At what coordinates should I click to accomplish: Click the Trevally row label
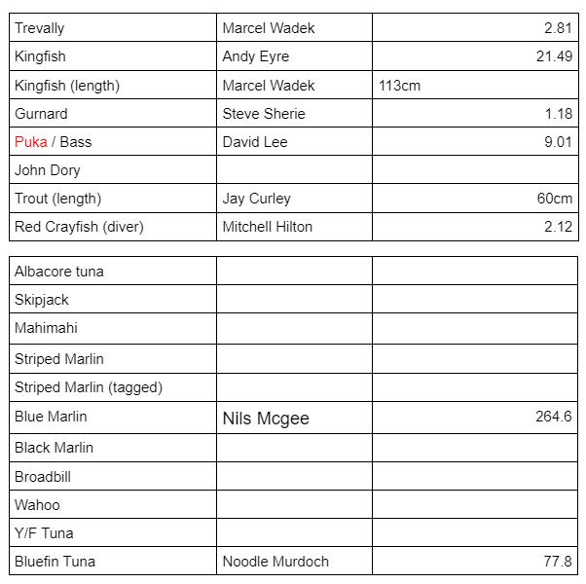39,28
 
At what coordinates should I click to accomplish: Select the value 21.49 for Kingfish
554,56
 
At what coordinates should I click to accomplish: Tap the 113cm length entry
399,86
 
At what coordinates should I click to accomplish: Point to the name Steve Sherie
263,114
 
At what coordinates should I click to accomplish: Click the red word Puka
30,142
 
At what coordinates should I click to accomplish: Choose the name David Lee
254,142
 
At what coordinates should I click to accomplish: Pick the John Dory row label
47,170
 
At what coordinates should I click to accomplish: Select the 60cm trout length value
555,199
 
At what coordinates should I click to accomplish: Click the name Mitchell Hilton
267,227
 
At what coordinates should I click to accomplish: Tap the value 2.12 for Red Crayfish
558,227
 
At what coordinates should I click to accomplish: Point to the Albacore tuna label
58,272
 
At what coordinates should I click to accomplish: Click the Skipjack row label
42,300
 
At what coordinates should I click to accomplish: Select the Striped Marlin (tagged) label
89,387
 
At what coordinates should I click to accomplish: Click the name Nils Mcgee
265,419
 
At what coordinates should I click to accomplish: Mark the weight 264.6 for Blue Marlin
553,417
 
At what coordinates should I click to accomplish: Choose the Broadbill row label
43,477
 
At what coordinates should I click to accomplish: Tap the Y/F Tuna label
44,533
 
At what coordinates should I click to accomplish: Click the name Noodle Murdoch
275,562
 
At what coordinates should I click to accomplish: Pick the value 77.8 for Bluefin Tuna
558,562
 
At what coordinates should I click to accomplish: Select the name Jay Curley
256,199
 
